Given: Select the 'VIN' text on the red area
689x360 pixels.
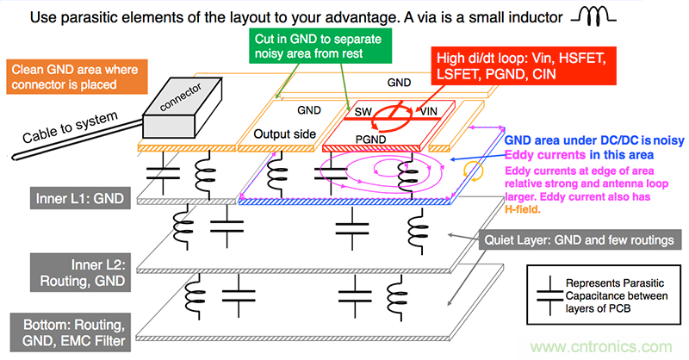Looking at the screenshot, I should coord(429,112).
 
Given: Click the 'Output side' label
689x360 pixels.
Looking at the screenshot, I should coord(283,135).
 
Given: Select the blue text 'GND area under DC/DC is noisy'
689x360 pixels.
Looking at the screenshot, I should coord(593,141).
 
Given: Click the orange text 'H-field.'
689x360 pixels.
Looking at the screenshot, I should coord(528,206).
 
